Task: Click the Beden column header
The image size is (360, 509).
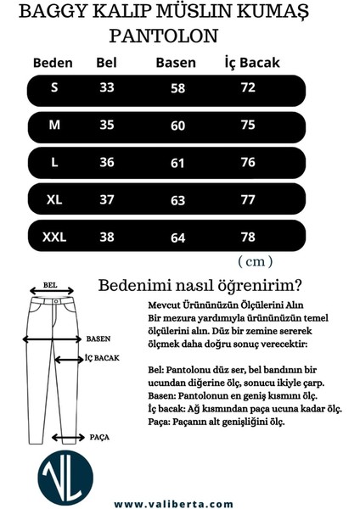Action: [x=53, y=63]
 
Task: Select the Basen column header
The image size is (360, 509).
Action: [x=176, y=63]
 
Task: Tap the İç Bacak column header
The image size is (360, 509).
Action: [x=251, y=63]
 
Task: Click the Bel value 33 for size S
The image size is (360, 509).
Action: [x=107, y=87]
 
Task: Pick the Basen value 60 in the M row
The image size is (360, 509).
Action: [x=177, y=126]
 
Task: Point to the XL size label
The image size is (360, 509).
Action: [x=53, y=199]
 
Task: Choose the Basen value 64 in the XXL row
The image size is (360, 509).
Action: [x=177, y=238]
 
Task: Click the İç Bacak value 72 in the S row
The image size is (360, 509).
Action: [x=248, y=87]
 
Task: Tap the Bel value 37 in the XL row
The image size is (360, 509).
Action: [x=107, y=199]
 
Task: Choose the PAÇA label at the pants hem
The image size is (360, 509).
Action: [x=99, y=437]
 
